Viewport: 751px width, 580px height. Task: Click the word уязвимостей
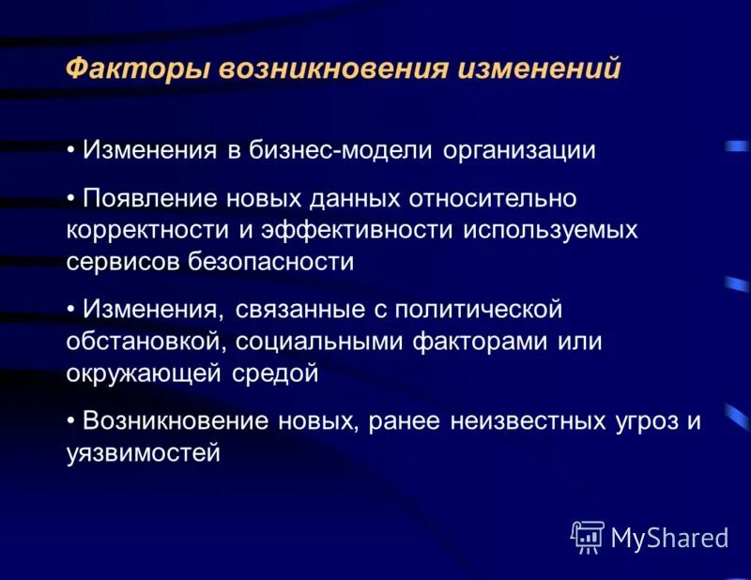(143, 453)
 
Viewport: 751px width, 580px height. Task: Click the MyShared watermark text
(669, 538)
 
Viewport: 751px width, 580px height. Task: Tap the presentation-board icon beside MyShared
(587, 535)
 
